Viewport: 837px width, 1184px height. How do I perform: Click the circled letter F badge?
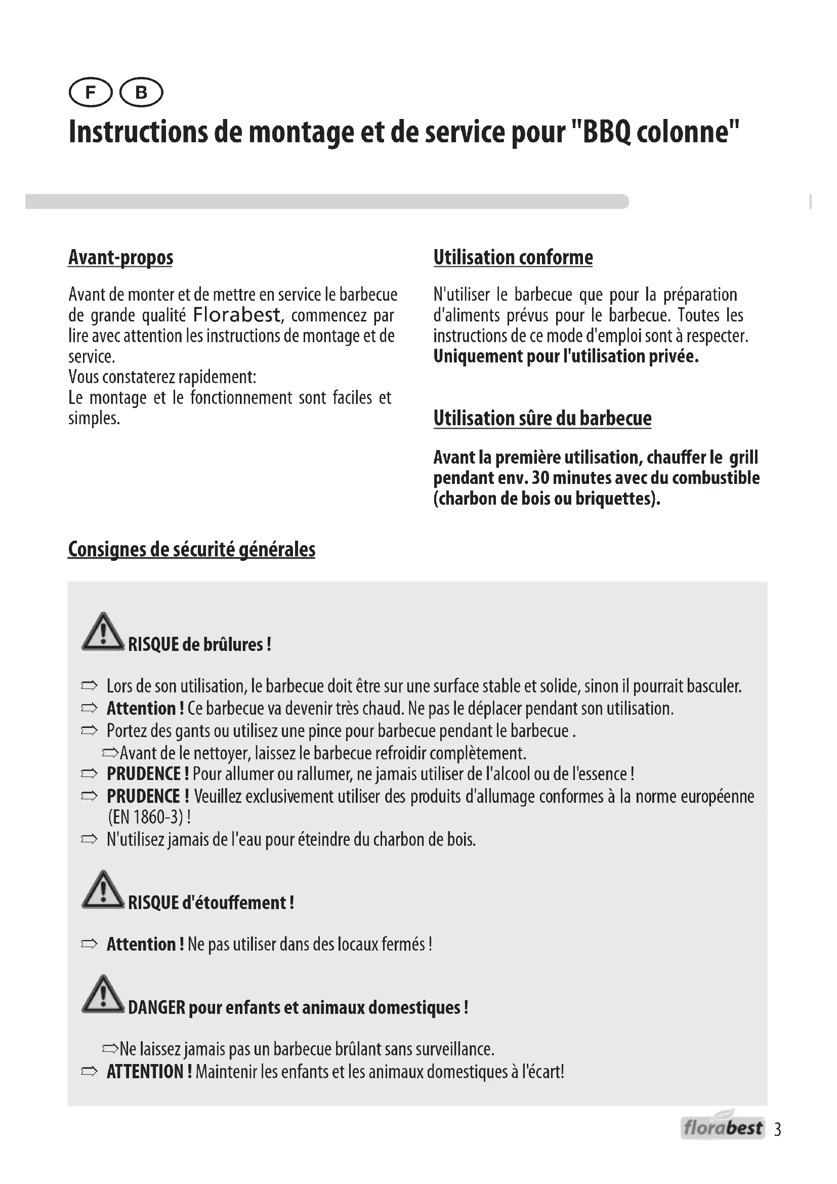90,93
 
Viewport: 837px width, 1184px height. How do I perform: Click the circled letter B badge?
141,93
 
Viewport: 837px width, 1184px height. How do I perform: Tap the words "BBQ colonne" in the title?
655,133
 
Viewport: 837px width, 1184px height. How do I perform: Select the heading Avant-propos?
120,257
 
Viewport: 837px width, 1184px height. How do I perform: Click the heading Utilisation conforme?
513,257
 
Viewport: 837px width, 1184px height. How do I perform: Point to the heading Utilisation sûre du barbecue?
542,418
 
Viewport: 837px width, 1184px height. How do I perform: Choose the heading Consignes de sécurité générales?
191,549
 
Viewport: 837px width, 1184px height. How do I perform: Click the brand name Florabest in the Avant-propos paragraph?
237,314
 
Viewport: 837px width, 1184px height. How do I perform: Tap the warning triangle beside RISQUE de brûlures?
103,632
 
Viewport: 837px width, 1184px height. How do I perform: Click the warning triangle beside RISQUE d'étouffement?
103,890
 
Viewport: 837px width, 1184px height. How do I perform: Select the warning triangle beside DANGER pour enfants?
103,995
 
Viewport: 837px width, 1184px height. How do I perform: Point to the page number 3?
778,1129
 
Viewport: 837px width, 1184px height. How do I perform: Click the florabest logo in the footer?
723,1128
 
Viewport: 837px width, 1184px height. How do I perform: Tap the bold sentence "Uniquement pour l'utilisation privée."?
566,356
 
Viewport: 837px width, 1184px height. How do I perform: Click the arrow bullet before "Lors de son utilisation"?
89,686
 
